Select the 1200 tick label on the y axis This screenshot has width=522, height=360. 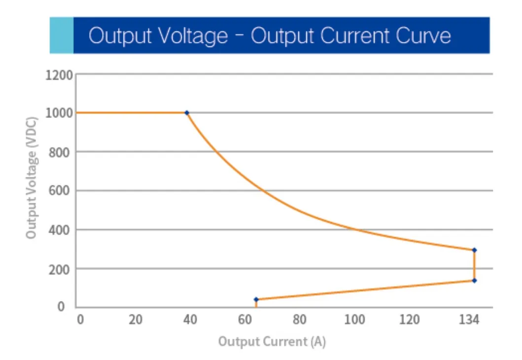point(59,75)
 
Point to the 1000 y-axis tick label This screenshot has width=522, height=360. point(59,113)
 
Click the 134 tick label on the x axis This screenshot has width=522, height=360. point(469,320)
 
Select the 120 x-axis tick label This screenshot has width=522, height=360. point(409,320)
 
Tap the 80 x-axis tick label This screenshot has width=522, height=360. point(300,320)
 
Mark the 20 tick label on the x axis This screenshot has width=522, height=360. point(135,320)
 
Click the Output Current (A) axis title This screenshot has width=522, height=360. point(272,341)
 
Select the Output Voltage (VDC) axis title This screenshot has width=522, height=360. point(32,177)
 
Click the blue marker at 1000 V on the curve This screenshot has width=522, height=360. point(187,113)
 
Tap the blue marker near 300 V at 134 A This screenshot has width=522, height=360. point(474,250)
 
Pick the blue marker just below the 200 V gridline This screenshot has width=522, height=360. point(474,280)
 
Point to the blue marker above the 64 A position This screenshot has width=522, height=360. point(256,299)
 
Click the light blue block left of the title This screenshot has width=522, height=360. point(62,35)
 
